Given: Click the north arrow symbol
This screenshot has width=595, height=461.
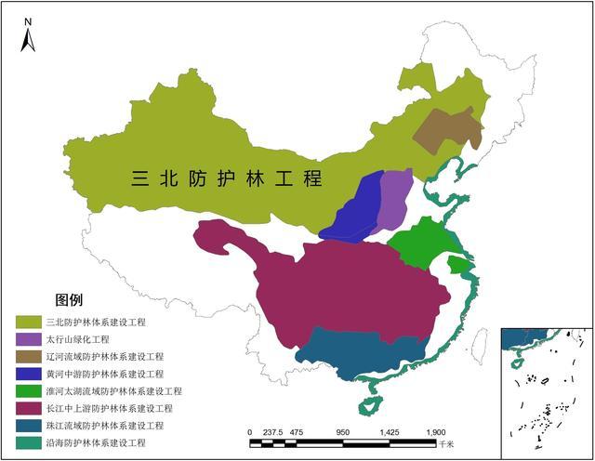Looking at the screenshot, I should click(x=28, y=35).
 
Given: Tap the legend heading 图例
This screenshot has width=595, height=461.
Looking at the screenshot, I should click(x=70, y=300).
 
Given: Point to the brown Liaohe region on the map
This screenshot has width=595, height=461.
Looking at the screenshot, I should click(x=447, y=131).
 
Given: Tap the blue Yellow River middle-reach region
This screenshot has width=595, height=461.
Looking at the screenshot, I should click(x=357, y=210).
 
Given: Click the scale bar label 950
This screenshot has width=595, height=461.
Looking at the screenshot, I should click(x=342, y=433).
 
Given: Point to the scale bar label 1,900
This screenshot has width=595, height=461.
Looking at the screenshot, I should click(x=435, y=433).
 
